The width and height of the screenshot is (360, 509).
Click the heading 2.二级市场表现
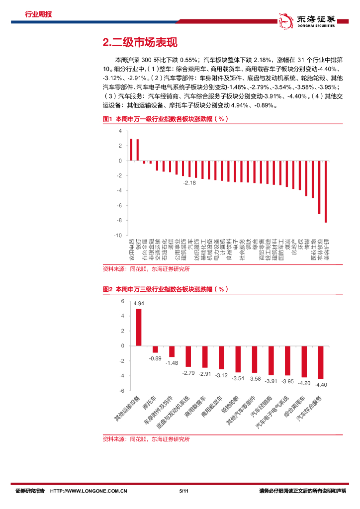(x=139, y=43)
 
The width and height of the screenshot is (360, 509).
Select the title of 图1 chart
(x=165, y=119)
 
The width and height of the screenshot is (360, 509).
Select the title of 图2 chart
(x=165, y=289)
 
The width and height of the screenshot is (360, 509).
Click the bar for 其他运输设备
(x=139, y=327)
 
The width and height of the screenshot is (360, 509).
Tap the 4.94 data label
(x=139, y=303)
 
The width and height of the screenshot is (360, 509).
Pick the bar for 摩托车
(x=155, y=349)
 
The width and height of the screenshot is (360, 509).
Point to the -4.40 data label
(x=320, y=384)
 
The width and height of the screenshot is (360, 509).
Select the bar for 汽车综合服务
(x=320, y=362)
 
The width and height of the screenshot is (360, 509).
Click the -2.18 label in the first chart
(x=189, y=183)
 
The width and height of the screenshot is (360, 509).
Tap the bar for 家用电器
(x=131, y=150)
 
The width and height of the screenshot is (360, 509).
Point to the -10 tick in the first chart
(x=117, y=235)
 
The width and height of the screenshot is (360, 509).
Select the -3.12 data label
(x=221, y=375)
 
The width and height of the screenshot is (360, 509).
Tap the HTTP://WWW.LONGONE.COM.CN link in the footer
(x=89, y=491)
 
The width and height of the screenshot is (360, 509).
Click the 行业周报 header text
(x=38, y=14)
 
